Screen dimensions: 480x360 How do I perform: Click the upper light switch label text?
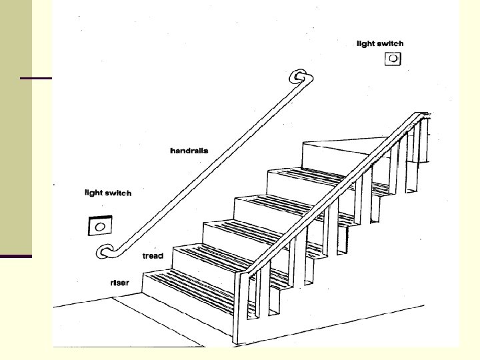pyautogui.click(x=380, y=44)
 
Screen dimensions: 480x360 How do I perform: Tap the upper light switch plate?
pyautogui.click(x=393, y=59)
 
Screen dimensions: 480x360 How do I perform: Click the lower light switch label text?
pyautogui.click(x=108, y=193)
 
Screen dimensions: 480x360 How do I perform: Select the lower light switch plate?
pyautogui.click(x=99, y=227)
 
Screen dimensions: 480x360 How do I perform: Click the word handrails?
pyautogui.click(x=189, y=151)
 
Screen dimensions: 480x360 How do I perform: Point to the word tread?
pyautogui.click(x=153, y=256)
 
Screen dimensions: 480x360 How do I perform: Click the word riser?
pyautogui.click(x=120, y=283)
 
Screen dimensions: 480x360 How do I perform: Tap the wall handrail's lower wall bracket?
pyautogui.click(x=105, y=251)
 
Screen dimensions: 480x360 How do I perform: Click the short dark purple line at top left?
pyautogui.click(x=36, y=79)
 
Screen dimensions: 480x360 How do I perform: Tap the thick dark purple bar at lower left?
pyautogui.click(x=16, y=256)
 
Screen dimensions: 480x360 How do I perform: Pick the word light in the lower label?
pyautogui.click(x=93, y=193)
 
